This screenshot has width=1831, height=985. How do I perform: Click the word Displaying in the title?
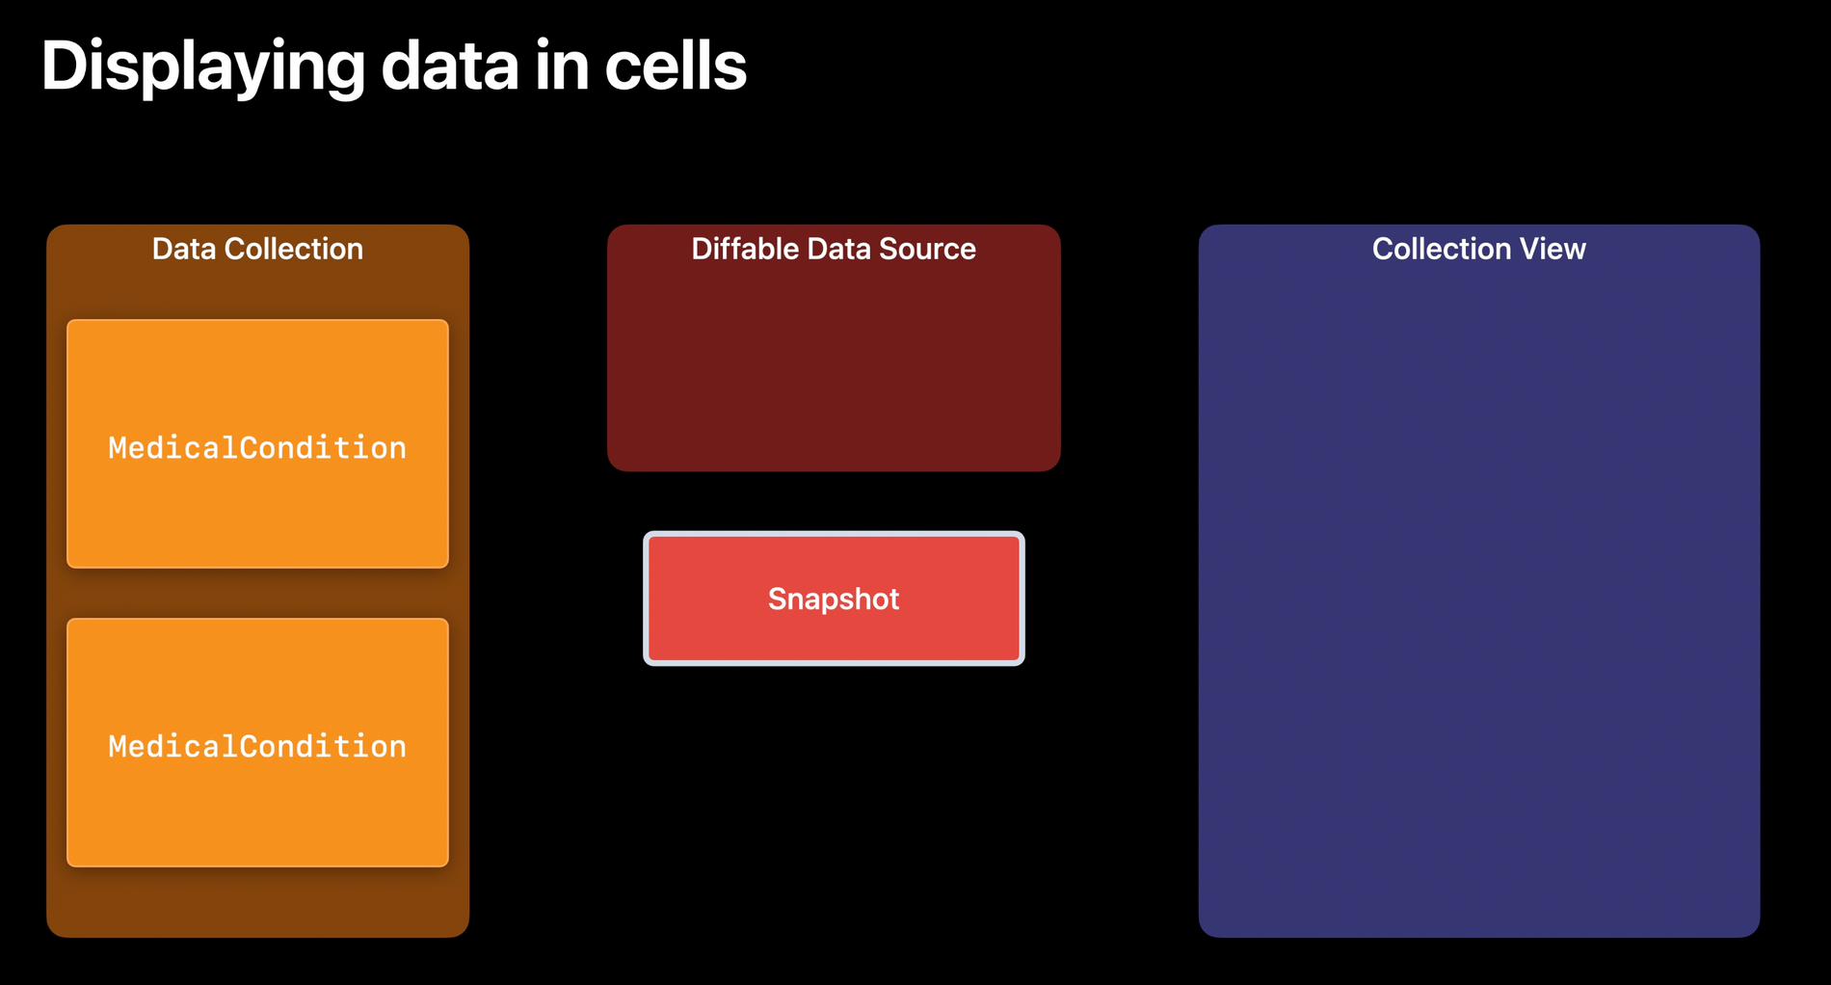203,67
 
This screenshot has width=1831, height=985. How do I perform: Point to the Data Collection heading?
257,249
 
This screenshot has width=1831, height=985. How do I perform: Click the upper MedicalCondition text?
257,447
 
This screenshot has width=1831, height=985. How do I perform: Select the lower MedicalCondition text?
257,746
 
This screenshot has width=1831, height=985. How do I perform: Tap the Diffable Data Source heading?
834,249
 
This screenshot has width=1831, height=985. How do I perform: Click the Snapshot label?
834,599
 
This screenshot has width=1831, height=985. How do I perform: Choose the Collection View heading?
1479,249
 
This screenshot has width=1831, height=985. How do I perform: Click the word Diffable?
745,249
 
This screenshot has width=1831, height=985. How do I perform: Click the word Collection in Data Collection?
293,249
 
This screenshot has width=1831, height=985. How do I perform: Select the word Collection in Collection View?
1442,249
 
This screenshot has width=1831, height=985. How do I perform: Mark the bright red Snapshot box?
834,599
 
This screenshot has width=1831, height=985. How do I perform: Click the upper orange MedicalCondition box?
257,443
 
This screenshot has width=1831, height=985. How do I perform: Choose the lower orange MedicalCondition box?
257,742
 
